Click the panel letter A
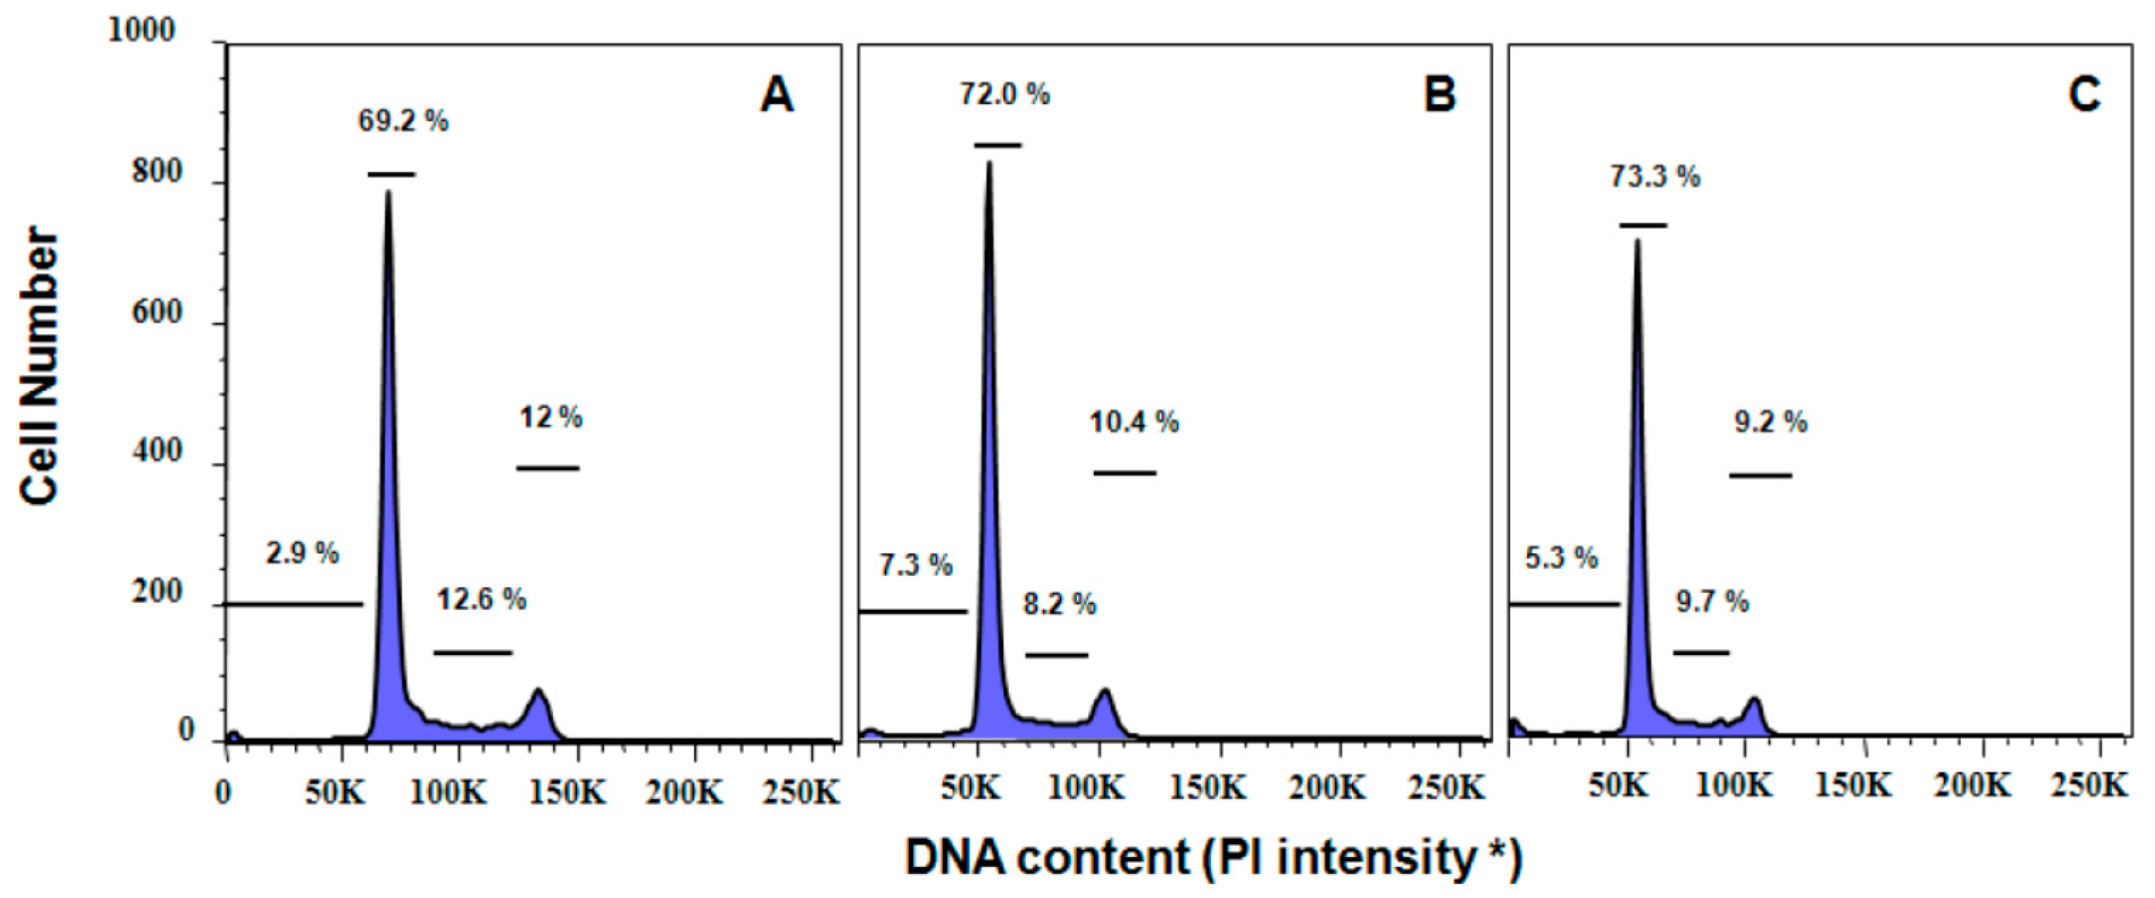point(776,95)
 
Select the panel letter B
point(1439,95)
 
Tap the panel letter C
point(2084,95)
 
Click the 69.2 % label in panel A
point(403,121)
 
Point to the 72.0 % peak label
point(1004,95)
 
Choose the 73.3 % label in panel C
point(1655,176)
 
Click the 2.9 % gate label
point(302,553)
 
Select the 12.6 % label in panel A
point(481,599)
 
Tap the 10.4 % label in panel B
point(1133,421)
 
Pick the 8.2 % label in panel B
point(1059,604)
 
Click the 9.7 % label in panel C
point(1712,601)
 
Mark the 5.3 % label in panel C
point(1561,558)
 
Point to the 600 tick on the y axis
point(157,312)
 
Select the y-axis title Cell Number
point(40,366)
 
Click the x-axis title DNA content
point(1213,858)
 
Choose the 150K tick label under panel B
point(1208,788)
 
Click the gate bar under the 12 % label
point(548,469)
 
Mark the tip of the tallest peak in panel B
point(989,162)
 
